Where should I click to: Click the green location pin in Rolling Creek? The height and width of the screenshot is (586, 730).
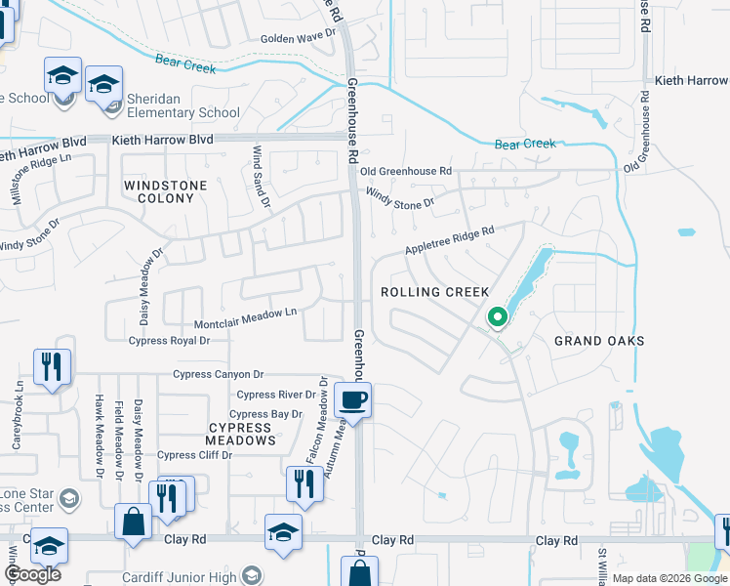pos(497,317)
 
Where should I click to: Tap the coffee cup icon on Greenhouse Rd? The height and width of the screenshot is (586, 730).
pos(351,399)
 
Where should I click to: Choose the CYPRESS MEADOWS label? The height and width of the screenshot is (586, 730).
pos(239,434)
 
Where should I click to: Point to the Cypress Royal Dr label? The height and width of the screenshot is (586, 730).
pos(169,341)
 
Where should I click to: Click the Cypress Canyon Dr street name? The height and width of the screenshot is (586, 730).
pos(219,374)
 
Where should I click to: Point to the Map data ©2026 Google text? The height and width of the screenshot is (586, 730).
pos(669,578)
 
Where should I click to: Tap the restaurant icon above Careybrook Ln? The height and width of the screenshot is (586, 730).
pos(48,367)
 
